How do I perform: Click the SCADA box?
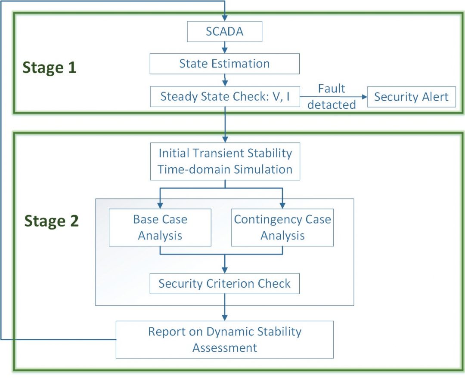point(224,32)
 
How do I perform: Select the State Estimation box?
point(224,64)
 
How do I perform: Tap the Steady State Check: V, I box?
point(224,97)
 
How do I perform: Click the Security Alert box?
point(411,97)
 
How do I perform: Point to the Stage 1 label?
point(49,68)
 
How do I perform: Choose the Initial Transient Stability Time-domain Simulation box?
point(224,161)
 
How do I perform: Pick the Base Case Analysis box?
point(160,227)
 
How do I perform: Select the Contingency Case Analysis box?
point(282,227)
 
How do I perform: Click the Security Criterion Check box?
point(224,284)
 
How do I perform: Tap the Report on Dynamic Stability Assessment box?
point(224,339)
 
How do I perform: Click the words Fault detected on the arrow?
point(332,97)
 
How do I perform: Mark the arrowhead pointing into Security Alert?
point(363,97)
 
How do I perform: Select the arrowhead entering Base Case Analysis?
point(160,205)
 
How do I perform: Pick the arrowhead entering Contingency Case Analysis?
point(282,205)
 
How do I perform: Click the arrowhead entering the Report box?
point(224,317)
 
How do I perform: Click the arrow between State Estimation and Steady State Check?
point(224,80)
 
